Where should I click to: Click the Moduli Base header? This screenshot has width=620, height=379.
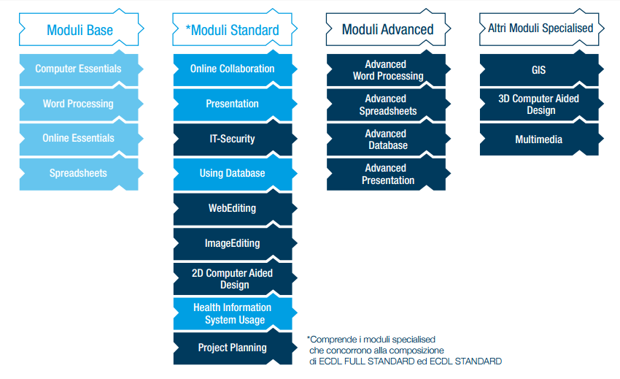tap(80, 30)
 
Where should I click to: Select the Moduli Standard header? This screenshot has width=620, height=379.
tap(233, 30)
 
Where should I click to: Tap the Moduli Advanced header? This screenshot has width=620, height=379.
tap(387, 30)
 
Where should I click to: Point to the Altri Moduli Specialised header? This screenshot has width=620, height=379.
tap(540, 28)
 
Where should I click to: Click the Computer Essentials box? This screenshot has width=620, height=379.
tap(78, 69)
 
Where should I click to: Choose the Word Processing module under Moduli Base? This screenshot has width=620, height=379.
tap(78, 104)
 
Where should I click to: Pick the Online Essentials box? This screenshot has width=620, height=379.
tap(78, 138)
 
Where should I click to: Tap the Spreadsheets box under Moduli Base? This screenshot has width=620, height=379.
tap(78, 173)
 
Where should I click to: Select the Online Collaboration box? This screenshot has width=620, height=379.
tap(233, 69)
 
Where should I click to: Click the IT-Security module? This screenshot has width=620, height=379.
tap(233, 138)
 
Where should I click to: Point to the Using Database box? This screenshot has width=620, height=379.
tap(233, 173)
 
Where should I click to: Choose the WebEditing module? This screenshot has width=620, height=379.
tap(233, 208)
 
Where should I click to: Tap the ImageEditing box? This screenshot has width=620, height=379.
tap(233, 243)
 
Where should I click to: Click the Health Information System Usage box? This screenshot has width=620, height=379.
tap(233, 313)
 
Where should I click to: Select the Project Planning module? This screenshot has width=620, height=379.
tap(233, 348)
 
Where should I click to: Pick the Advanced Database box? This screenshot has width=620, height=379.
tap(386, 139)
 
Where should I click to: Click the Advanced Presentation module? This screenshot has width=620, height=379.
tap(386, 175)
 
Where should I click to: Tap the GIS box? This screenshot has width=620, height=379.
tap(539, 70)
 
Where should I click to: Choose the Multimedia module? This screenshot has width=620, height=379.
tap(539, 139)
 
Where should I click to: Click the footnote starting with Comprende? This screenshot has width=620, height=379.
tap(404, 351)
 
